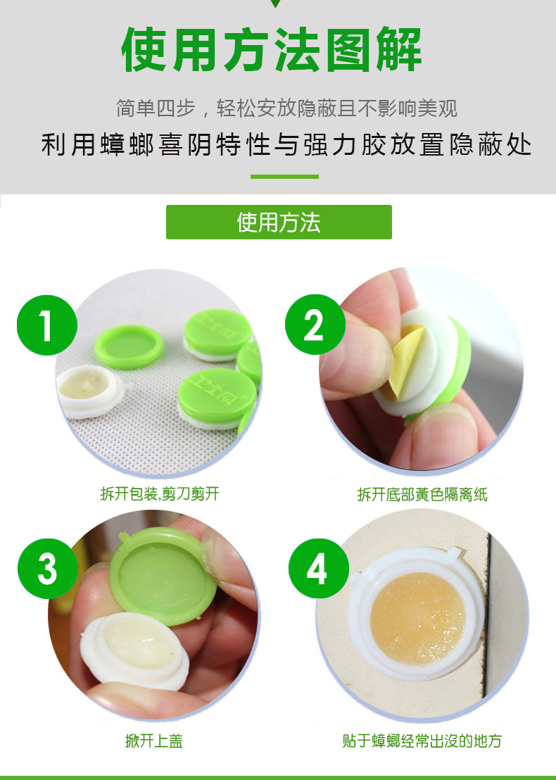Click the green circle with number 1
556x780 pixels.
(x=46, y=325)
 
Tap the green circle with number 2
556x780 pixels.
(x=315, y=325)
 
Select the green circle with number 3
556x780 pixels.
(x=48, y=569)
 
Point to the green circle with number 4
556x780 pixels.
(x=319, y=569)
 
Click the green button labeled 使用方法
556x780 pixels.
(x=279, y=222)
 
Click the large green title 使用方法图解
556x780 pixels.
(x=272, y=50)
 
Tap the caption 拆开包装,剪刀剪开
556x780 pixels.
(x=160, y=493)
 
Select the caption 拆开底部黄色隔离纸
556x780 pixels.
(x=422, y=494)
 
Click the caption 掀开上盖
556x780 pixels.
(x=154, y=741)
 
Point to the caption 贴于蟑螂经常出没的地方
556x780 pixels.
(x=422, y=741)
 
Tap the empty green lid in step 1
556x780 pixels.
(x=129, y=347)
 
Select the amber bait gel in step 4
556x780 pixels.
(x=418, y=618)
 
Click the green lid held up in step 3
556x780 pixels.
(x=163, y=576)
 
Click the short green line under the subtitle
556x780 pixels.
(x=284, y=177)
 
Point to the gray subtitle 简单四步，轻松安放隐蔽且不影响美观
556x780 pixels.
(x=286, y=108)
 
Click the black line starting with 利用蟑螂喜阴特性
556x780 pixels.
(x=286, y=145)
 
